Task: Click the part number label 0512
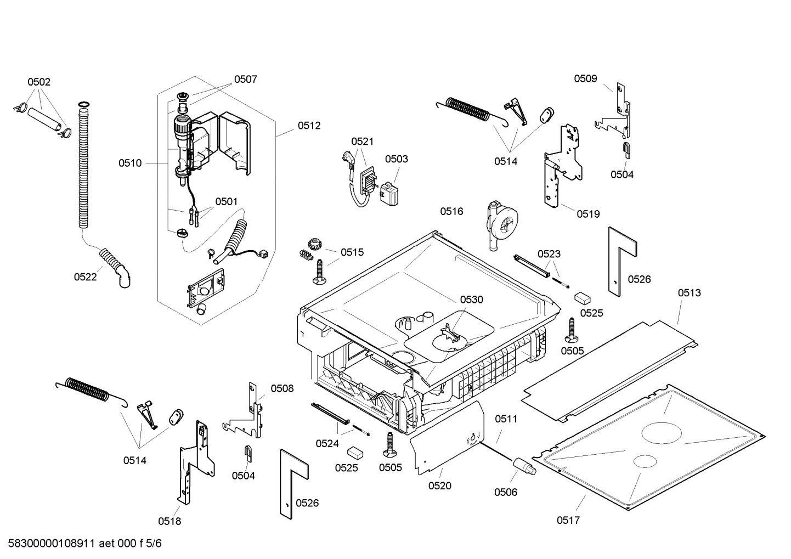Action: pyautogui.click(x=309, y=126)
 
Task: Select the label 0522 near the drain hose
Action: pyautogui.click(x=85, y=277)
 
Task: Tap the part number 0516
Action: pyautogui.click(x=451, y=211)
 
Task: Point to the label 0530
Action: pyautogui.click(x=471, y=300)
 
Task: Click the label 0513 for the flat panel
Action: pyautogui.click(x=689, y=293)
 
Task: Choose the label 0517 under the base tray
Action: pyautogui.click(x=568, y=520)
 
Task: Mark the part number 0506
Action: pyautogui.click(x=505, y=492)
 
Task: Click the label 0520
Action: pyautogui.click(x=439, y=485)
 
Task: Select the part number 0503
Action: pyautogui.click(x=396, y=159)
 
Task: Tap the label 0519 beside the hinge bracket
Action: pyautogui.click(x=588, y=214)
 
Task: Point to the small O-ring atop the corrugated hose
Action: pyautogui.click(x=83, y=105)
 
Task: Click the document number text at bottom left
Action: pyautogui.click(x=82, y=544)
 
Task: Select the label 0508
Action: pyautogui.click(x=282, y=389)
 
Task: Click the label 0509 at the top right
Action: pyautogui.click(x=585, y=78)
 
